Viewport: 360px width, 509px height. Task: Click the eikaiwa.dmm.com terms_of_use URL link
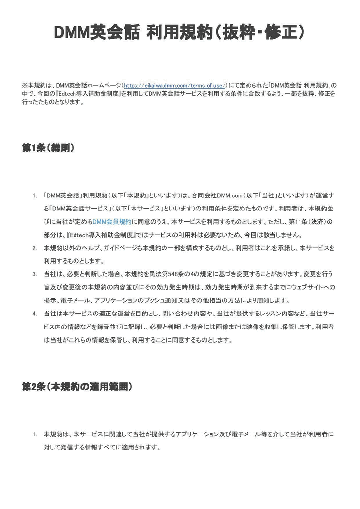(175, 84)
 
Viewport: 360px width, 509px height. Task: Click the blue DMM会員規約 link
(112, 221)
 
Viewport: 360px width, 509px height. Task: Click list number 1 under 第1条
(34, 196)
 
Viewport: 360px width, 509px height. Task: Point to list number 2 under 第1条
(34, 248)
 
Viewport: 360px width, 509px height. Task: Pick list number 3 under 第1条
(34, 274)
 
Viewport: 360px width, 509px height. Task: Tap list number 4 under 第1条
(34, 314)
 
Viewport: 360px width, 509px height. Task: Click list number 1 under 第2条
(34, 434)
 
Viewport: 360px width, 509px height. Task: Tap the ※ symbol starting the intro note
(24, 84)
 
